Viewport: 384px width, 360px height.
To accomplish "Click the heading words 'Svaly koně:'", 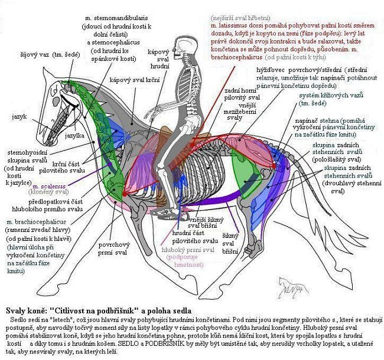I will [24, 310].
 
